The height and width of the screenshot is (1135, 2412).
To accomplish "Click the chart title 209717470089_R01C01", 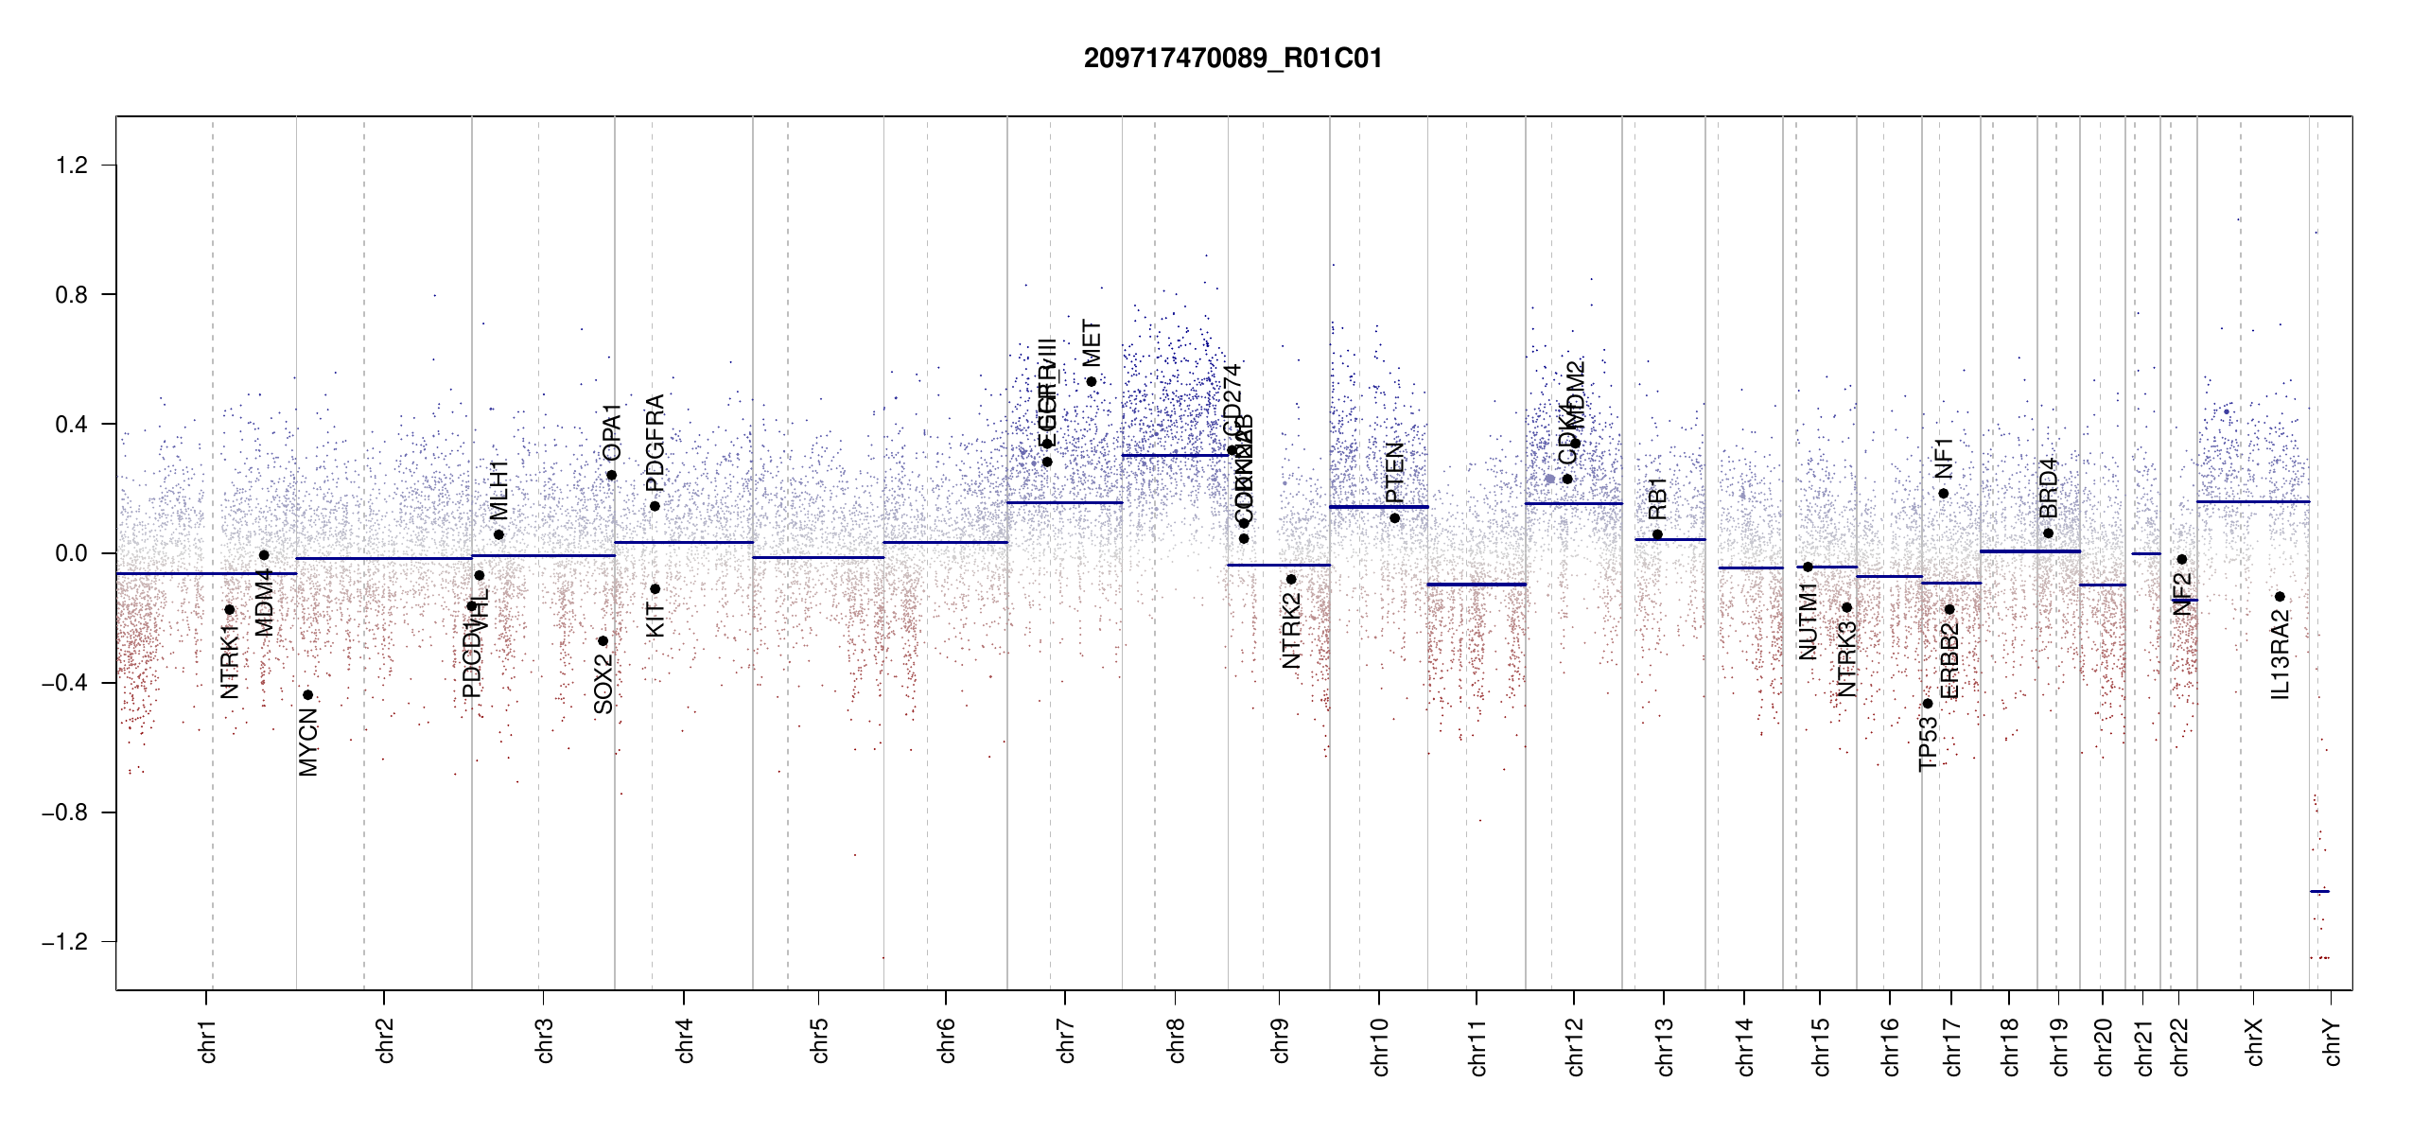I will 1232,59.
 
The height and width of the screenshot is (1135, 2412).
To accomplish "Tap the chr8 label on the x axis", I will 1176,1040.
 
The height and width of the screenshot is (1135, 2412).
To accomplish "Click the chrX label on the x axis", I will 2254,1041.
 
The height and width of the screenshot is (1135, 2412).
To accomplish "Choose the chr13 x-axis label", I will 1664,1046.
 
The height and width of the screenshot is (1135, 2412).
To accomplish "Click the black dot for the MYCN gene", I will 307,695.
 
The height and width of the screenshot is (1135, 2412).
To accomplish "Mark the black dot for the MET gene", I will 1092,382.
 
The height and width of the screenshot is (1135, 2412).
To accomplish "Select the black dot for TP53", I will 1928,704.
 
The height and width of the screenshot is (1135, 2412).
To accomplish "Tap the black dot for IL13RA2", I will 2281,597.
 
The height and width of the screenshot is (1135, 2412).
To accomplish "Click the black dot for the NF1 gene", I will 1944,494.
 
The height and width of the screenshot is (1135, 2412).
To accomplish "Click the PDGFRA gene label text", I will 655,443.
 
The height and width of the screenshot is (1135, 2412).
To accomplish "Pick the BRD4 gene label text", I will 2048,488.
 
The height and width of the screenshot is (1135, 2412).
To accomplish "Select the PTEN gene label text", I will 1394,473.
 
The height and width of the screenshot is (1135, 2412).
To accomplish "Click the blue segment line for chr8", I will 1175,456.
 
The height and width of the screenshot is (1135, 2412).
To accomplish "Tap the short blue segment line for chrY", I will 2319,891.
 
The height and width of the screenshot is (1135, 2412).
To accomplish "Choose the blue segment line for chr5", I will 818,558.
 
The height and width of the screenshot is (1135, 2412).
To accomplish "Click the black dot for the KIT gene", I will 655,589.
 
